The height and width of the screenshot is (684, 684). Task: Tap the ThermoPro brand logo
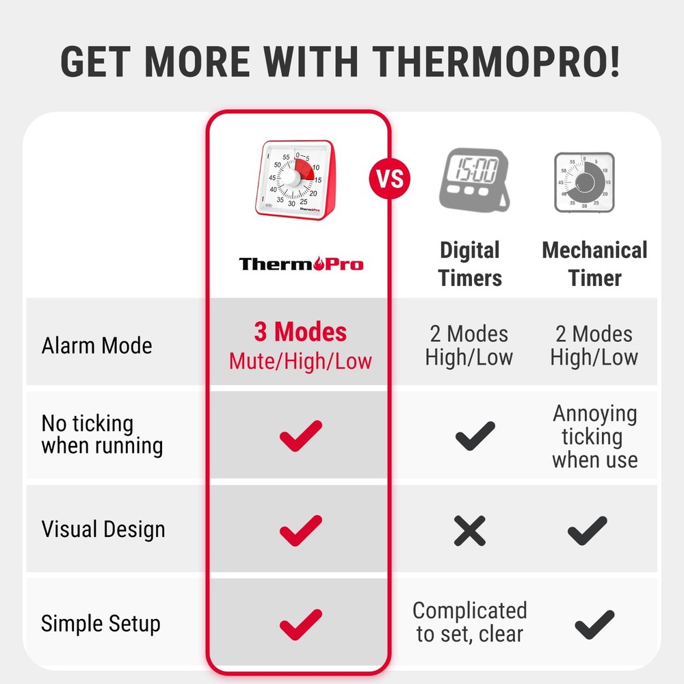[x=301, y=263]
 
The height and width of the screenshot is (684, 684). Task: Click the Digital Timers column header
[x=470, y=264]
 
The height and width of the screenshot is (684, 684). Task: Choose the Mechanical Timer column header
[x=594, y=264]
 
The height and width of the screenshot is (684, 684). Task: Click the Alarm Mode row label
[x=96, y=345]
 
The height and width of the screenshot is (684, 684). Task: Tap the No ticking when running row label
[x=102, y=435]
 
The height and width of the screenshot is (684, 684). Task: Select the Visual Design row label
[x=103, y=529]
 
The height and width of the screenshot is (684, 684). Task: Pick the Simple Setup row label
[x=101, y=624]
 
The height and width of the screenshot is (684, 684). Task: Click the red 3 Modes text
[x=300, y=332]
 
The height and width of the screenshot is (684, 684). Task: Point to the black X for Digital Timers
[x=470, y=530]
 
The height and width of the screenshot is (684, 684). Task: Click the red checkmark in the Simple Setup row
[x=300, y=624]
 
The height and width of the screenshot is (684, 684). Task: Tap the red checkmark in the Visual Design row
[x=300, y=530]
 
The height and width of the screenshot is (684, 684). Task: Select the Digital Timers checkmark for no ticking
[x=474, y=435]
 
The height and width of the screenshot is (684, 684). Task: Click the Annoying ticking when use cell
[x=594, y=436]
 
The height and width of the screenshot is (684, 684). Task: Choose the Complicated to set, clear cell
[x=470, y=622]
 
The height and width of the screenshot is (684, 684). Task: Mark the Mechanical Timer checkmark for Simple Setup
[x=594, y=624]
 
